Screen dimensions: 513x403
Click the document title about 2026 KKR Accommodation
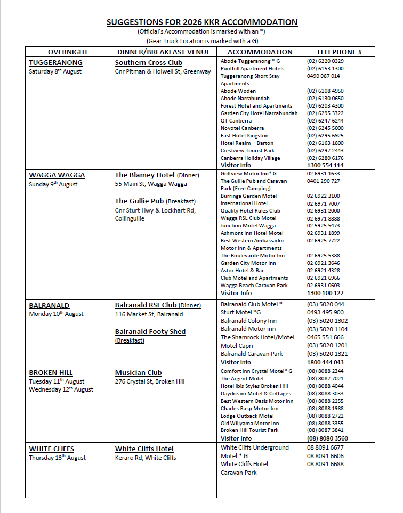tap(201, 22)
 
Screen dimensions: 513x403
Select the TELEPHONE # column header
tap(339, 52)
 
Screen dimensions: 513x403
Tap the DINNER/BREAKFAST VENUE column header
tap(164, 52)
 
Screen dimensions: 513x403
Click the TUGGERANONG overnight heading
tap(55, 63)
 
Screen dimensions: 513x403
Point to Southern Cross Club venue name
tap(149, 63)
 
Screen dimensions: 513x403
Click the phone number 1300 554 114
tap(325, 165)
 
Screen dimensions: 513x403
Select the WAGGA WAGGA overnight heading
tap(57, 175)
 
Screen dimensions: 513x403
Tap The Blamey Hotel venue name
tap(142, 175)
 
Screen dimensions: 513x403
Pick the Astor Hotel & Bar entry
tap(243, 271)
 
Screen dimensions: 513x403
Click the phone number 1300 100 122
tap(325, 293)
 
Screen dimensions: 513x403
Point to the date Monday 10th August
tap(56, 314)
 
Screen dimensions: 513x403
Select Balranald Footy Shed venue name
tap(150, 332)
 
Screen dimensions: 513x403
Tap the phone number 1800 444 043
tap(325, 362)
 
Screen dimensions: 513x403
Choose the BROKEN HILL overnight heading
tap(51, 373)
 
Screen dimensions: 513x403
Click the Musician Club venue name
tap(139, 373)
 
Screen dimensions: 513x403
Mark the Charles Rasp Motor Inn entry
tap(249, 409)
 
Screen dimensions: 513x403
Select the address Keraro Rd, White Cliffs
tap(146, 458)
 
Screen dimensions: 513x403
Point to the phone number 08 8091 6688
tap(325, 464)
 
